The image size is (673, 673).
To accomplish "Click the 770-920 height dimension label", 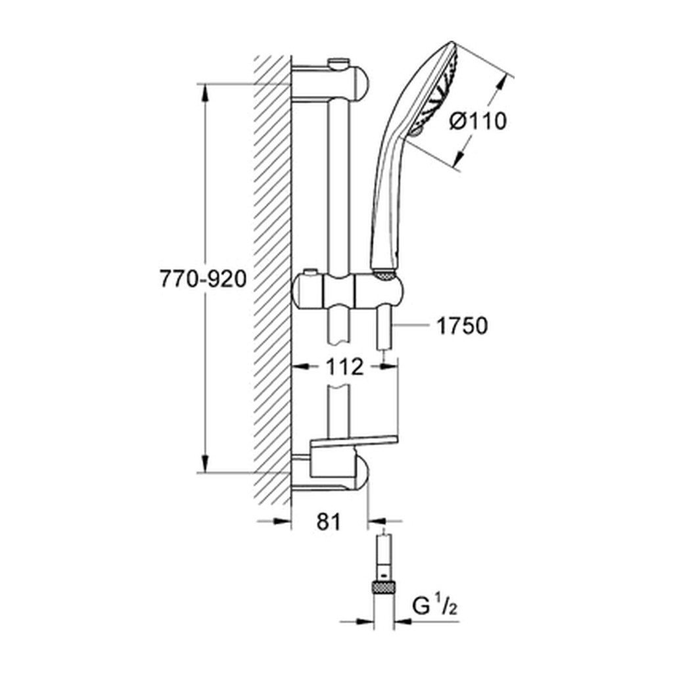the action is coord(203,279).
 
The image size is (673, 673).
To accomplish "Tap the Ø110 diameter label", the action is coord(478,121).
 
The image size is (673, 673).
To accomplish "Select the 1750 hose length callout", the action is coord(462,326).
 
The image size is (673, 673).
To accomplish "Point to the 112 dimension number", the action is coord(344,367).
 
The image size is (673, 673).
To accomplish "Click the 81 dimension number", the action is coord(329,522).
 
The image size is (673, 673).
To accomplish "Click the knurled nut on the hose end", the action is coord(383,586).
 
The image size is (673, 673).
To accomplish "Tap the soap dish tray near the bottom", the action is coord(354,440).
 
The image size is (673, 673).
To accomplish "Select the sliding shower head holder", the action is coord(348,291).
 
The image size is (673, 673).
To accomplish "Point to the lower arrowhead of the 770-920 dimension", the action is coord(205,462).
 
